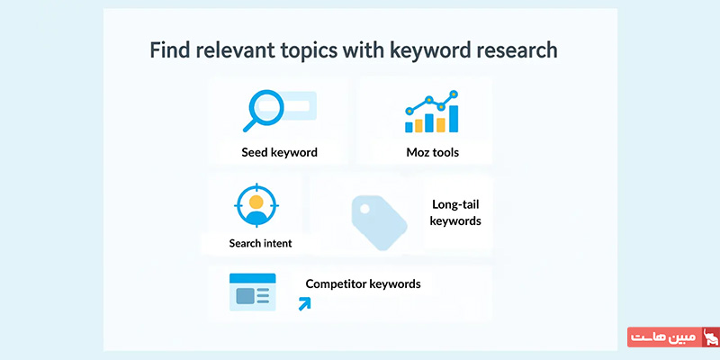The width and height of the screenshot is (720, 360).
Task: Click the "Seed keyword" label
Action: pyautogui.click(x=279, y=152)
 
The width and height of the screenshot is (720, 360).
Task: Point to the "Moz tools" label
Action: pyautogui.click(x=432, y=152)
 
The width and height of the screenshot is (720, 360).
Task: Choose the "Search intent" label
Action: pyautogui.click(x=260, y=243)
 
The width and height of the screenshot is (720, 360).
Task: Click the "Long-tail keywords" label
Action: pyautogui.click(x=455, y=212)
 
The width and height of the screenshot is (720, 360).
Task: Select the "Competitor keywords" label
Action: pyautogui.click(x=363, y=283)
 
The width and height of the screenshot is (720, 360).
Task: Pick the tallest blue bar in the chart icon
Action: pyautogui.click(x=454, y=119)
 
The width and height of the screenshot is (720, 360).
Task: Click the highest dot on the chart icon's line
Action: pyautogui.click(x=454, y=94)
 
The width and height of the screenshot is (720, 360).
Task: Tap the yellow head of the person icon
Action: pyautogui.click(x=256, y=202)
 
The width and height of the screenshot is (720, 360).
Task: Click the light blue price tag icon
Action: pyautogui.click(x=379, y=222)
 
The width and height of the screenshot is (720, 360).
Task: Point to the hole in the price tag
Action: pyautogui.click(x=364, y=209)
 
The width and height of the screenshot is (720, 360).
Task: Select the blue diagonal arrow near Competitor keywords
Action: pyautogui.click(x=304, y=303)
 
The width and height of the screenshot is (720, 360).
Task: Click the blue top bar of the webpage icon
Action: pyautogui.click(x=253, y=278)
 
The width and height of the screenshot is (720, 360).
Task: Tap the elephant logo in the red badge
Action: pyautogui.click(x=710, y=337)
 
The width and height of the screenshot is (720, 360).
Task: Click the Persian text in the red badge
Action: pyautogui.click(x=664, y=337)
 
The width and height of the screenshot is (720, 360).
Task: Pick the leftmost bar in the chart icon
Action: pyautogui.click(x=409, y=127)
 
